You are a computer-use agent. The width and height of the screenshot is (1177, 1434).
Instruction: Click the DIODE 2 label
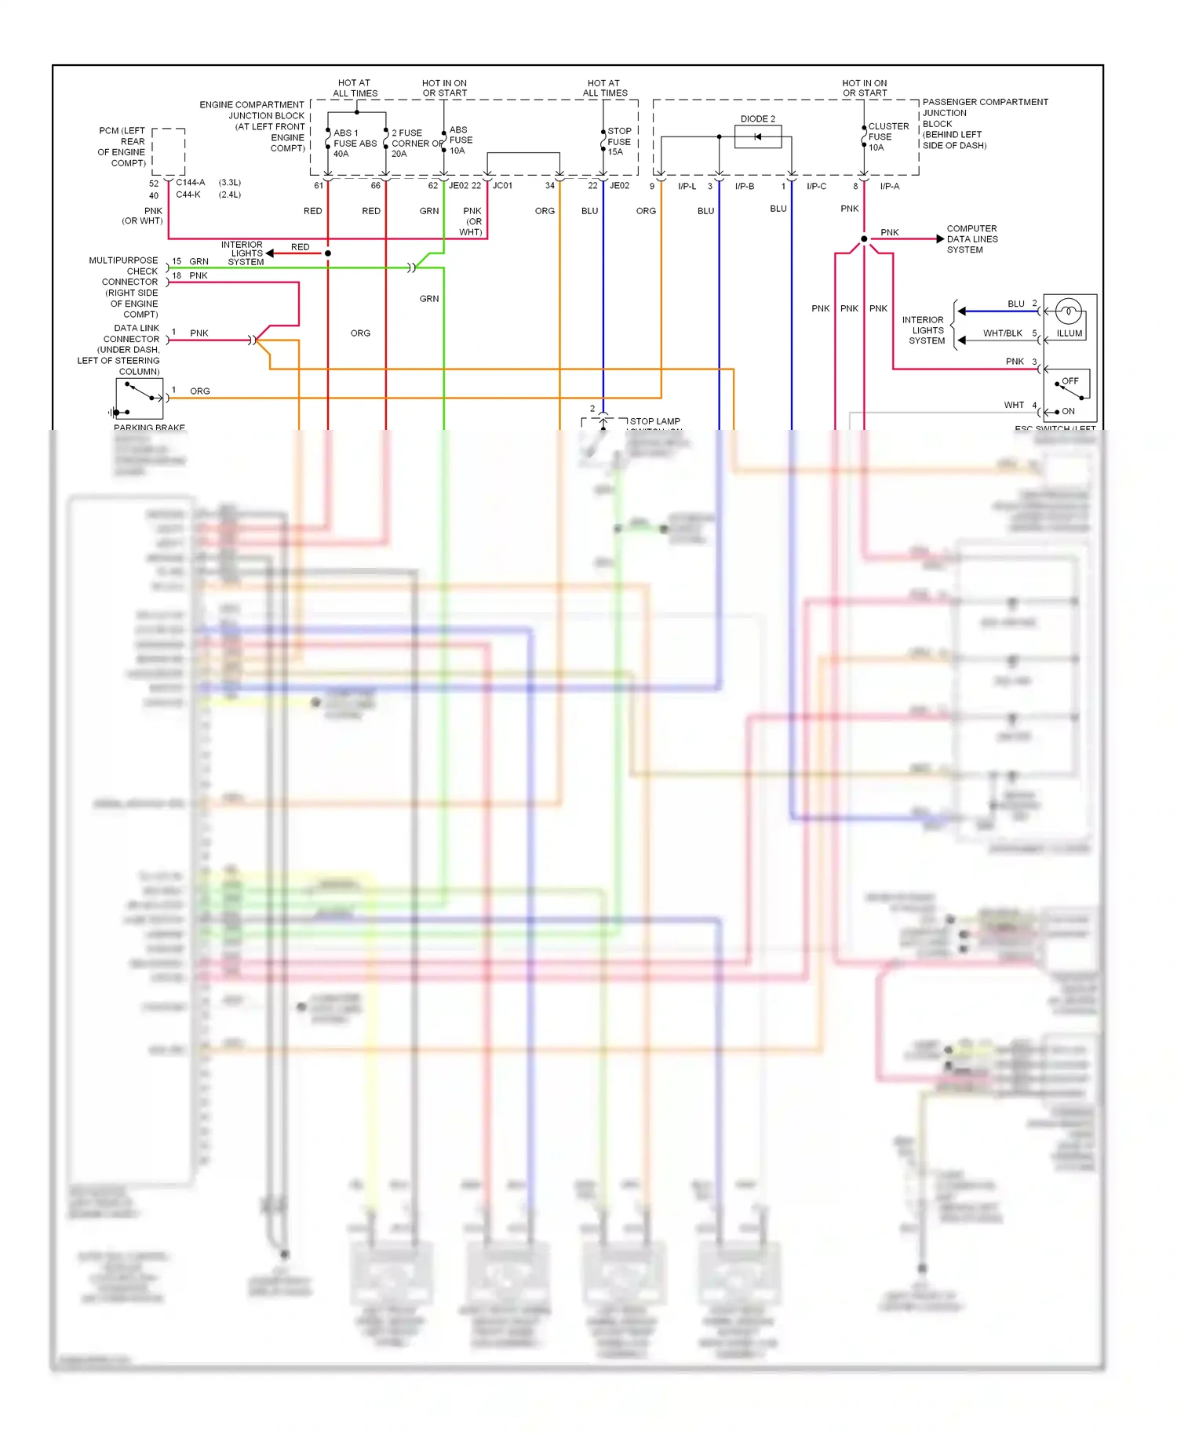[x=757, y=119]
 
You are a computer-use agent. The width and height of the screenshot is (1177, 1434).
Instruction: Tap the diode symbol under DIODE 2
[x=757, y=137]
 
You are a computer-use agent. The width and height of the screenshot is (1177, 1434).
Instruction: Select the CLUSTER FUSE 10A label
[x=888, y=136]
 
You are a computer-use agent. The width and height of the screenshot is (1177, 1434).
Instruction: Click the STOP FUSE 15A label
[x=619, y=142]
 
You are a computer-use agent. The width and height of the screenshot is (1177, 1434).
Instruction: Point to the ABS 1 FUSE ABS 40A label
[x=355, y=144]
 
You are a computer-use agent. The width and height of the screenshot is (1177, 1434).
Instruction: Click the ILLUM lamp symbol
[x=1067, y=311]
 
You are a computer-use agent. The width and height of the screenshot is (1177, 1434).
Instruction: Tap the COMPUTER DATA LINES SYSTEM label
[x=972, y=239]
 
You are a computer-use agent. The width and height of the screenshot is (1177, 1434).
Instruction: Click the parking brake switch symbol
[x=139, y=398]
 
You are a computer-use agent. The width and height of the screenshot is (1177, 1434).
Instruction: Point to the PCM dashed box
[x=168, y=152]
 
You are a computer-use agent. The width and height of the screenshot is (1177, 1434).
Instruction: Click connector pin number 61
[x=319, y=186]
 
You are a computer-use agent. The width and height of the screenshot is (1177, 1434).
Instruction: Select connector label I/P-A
[x=890, y=187]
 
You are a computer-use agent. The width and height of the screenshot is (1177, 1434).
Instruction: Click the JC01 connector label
[x=502, y=186]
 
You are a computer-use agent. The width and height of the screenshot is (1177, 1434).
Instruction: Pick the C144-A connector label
[x=191, y=183]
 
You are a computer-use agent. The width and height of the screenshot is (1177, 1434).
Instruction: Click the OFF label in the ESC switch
[x=1070, y=381]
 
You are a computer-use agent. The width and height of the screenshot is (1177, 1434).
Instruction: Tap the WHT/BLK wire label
[x=1002, y=333]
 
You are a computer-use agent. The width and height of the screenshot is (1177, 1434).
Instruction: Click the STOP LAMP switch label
[x=654, y=422]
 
